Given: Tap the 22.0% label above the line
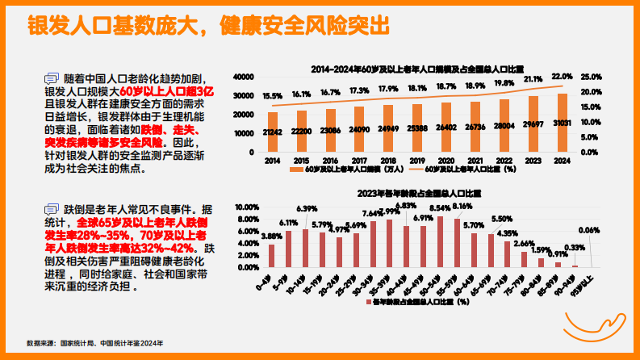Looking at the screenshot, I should pyautogui.click(x=562, y=76).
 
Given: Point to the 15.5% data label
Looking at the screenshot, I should pyautogui.click(x=273, y=96).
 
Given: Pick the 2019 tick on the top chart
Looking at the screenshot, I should pyautogui.click(x=417, y=161).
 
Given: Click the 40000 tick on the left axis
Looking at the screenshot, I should pyautogui.click(x=244, y=77).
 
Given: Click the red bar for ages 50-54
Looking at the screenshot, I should pyautogui.click(x=440, y=241).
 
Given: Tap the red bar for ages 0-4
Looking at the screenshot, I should pyautogui.click(x=272, y=255).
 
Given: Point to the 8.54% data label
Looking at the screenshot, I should pyautogui.click(x=440, y=208).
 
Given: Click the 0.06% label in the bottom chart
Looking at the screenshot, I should pyautogui.click(x=589, y=230).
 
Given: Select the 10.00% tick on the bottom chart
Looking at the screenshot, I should pyautogui.click(x=245, y=207).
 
